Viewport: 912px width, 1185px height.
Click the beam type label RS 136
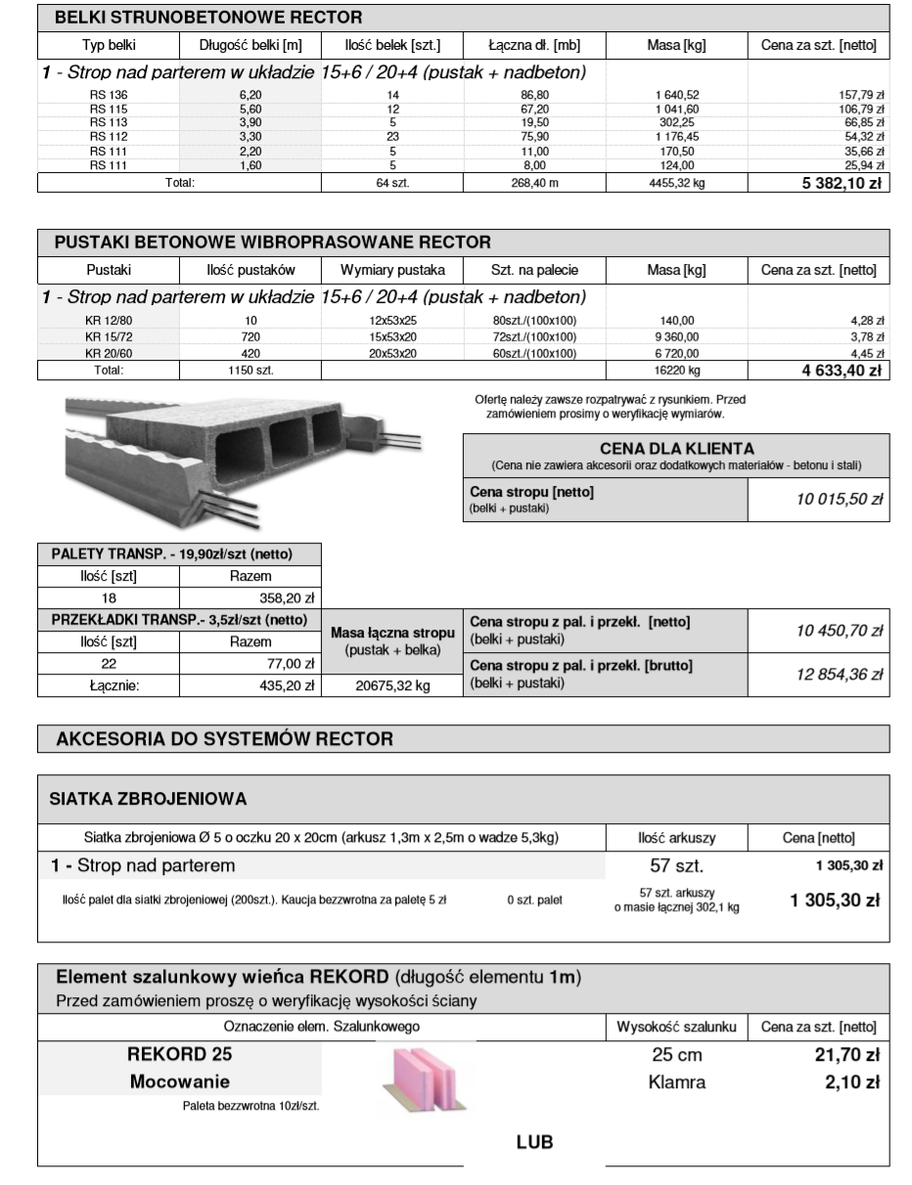103,94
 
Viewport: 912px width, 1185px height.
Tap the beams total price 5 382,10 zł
839,182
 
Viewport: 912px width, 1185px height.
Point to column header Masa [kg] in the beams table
676,45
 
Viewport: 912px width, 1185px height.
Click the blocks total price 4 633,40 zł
839,371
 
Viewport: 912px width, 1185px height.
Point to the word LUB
534,1141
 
